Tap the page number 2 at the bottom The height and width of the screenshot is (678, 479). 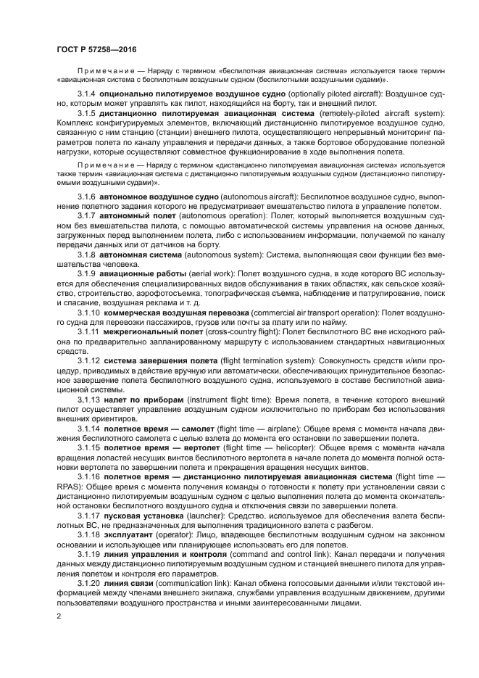click(59, 616)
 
